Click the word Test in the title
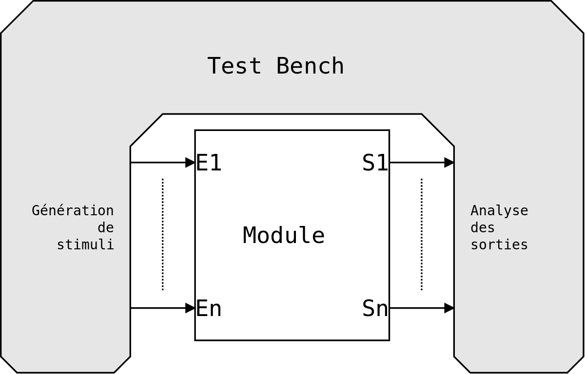[234, 66]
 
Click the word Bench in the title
[310, 66]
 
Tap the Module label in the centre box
[284, 235]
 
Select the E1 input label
[209, 163]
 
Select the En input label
[209, 308]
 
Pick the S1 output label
[375, 163]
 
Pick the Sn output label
[375, 308]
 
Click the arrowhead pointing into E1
[190, 163]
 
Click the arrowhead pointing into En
[190, 308]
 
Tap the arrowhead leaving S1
[449, 163]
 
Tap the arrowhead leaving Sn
[449, 308]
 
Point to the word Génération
[73, 211]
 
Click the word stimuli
[85, 244]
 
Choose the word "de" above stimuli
[106, 228]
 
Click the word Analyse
[499, 211]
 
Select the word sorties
[499, 244]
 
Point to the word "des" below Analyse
[483, 228]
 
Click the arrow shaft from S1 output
[417, 163]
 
